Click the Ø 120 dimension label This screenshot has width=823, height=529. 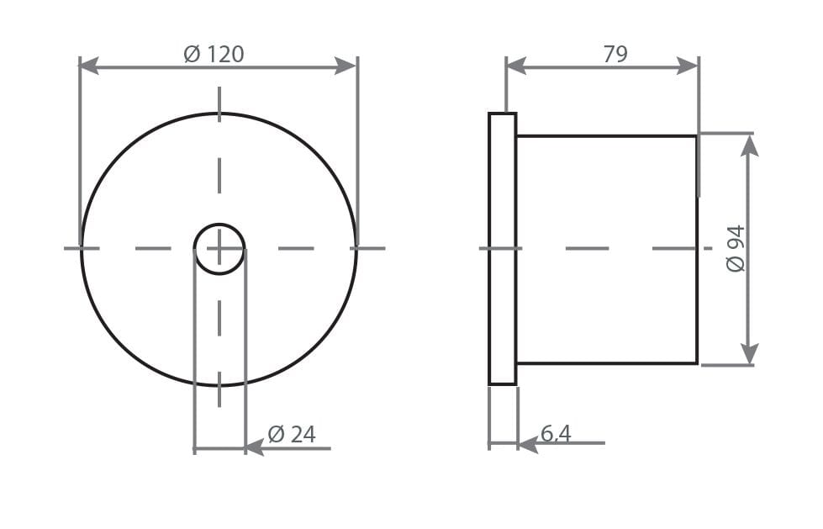214,55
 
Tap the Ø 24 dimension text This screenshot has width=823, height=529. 292,435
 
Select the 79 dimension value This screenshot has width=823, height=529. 615,55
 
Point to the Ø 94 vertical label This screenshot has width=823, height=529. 736,248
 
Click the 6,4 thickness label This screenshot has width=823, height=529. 556,433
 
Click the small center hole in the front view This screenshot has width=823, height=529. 219,249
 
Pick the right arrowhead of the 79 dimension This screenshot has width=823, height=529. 688,66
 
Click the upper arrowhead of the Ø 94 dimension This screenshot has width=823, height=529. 749,145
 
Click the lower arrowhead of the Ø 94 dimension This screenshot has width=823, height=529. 749,354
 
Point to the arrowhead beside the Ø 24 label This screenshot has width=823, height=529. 254,448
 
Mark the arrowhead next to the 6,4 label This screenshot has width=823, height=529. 527,443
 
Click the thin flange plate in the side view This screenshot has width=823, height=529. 503,249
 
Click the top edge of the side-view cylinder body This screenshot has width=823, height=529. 606,135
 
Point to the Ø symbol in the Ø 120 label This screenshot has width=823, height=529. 192,55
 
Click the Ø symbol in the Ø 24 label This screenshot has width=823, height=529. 276,435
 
